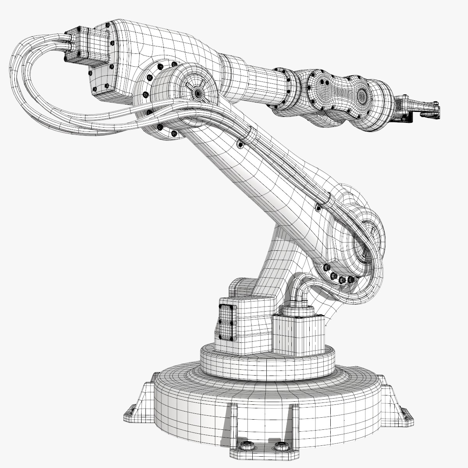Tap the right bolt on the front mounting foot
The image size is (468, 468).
pos(279,446)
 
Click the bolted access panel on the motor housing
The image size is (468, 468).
pos(226,322)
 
